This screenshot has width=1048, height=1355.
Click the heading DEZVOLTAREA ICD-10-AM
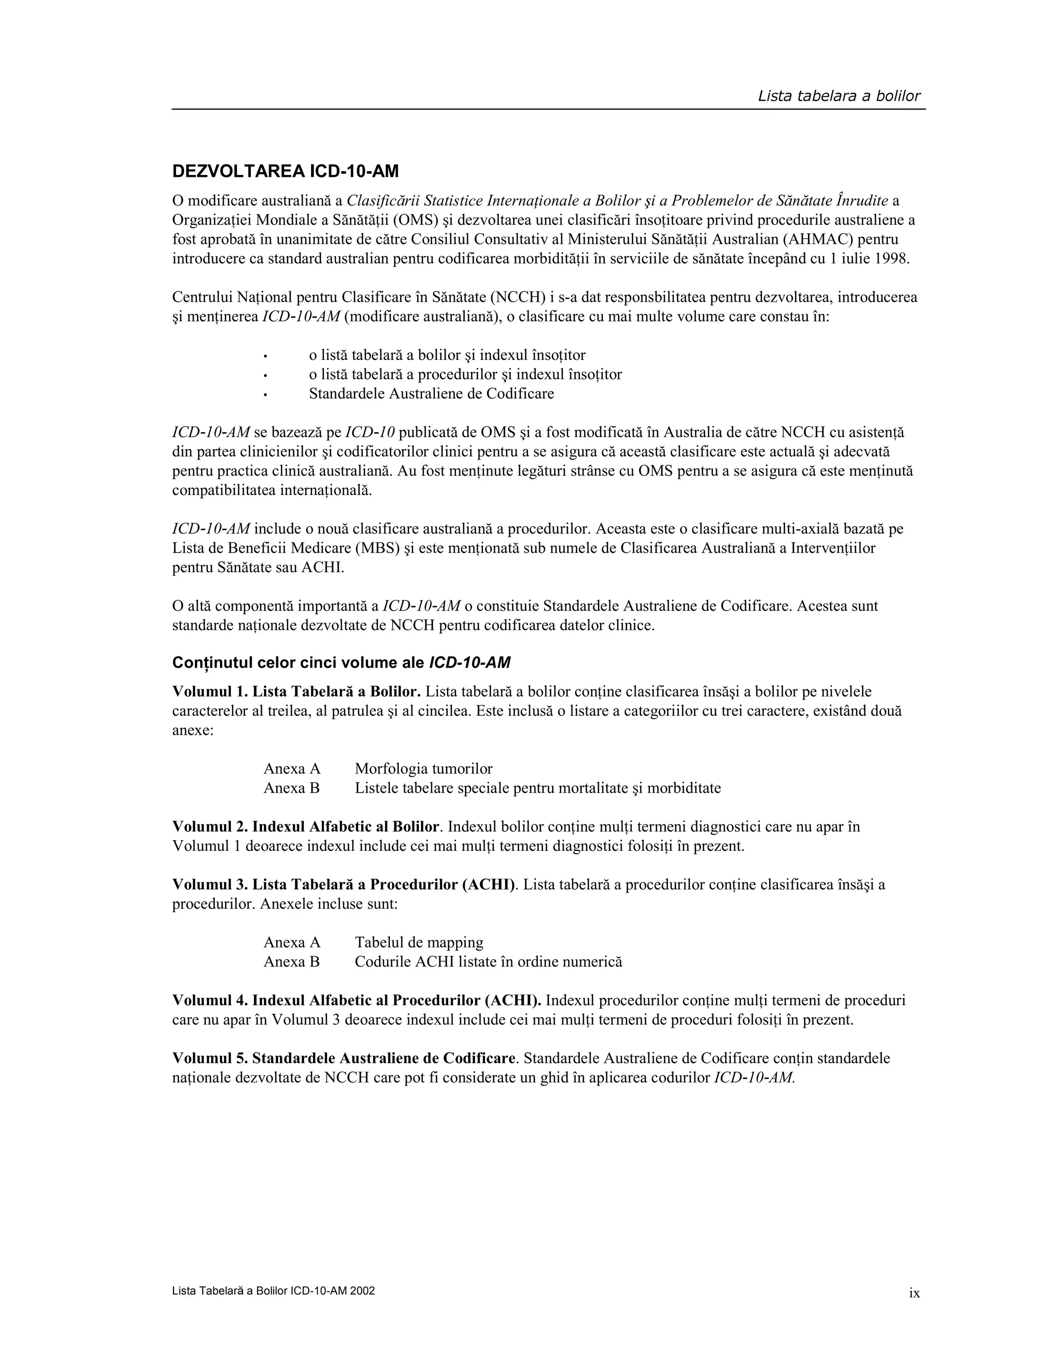(x=286, y=171)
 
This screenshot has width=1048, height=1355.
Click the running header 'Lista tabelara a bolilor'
(x=839, y=96)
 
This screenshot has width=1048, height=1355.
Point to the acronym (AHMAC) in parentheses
(x=822, y=239)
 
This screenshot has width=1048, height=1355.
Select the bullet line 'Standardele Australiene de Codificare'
(x=431, y=394)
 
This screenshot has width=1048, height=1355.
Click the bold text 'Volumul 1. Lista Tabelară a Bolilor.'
(x=297, y=692)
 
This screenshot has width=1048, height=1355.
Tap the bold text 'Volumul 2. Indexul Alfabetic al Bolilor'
(x=306, y=827)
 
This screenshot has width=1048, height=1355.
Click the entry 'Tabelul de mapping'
(x=419, y=942)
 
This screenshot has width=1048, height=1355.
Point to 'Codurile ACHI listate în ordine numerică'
(x=488, y=962)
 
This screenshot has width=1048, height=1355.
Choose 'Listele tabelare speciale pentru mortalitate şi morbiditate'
(x=538, y=788)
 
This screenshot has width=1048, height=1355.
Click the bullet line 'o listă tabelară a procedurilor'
(x=466, y=375)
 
